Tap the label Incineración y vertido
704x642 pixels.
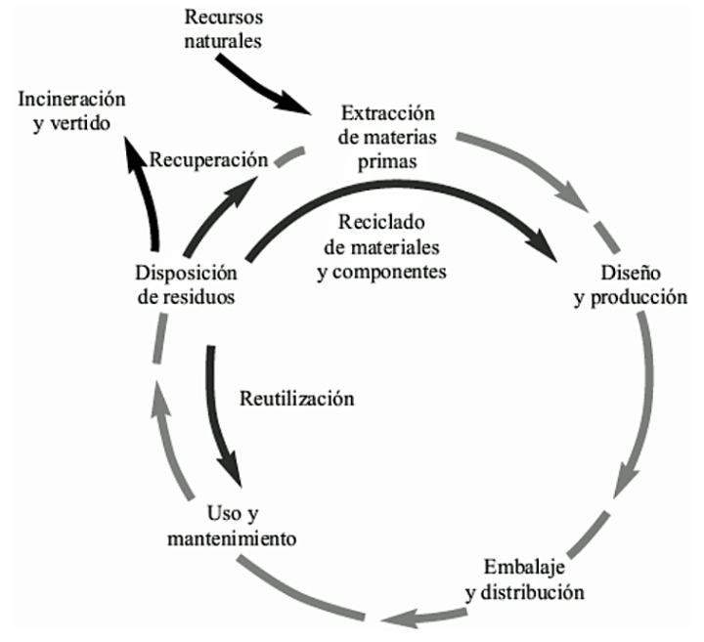pyautogui.click(x=73, y=110)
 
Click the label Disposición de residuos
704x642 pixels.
pyautogui.click(x=185, y=283)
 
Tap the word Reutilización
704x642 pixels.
pyautogui.click(x=295, y=399)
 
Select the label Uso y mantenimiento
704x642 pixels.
pyautogui.click(x=225, y=526)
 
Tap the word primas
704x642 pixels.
pyautogui.click(x=383, y=160)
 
